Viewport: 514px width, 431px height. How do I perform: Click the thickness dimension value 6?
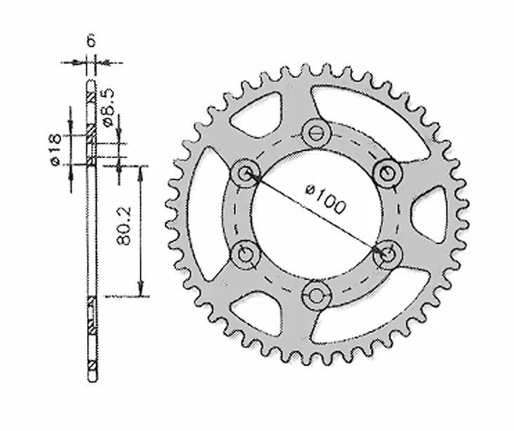[x=91, y=41]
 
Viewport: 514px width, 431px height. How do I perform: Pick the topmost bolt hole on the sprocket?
[x=314, y=131]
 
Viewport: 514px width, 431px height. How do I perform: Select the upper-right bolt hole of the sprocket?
[x=384, y=171]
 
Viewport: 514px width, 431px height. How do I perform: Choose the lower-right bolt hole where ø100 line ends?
[x=384, y=254]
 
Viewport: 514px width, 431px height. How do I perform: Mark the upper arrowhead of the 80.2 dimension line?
[x=141, y=171]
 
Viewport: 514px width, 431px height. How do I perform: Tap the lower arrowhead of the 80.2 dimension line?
[x=141, y=289]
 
